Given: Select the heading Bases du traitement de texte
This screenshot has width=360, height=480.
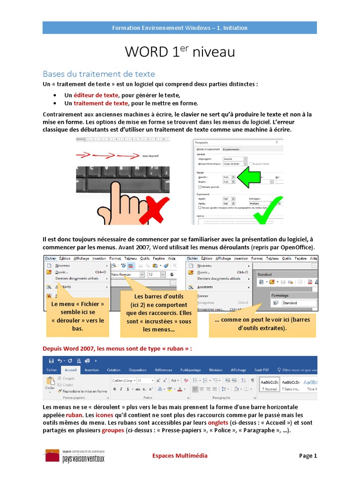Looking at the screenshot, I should [98, 74].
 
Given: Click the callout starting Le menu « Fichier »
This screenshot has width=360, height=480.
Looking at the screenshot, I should [78, 316].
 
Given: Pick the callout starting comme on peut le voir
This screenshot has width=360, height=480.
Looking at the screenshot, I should [262, 324].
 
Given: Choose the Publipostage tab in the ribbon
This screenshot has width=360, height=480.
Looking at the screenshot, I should [190, 370].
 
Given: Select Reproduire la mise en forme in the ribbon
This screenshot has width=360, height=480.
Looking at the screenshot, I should [85, 391].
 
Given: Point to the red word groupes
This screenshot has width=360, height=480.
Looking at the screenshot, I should [113, 430].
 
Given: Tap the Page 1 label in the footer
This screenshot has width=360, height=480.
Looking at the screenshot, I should [308, 456].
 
